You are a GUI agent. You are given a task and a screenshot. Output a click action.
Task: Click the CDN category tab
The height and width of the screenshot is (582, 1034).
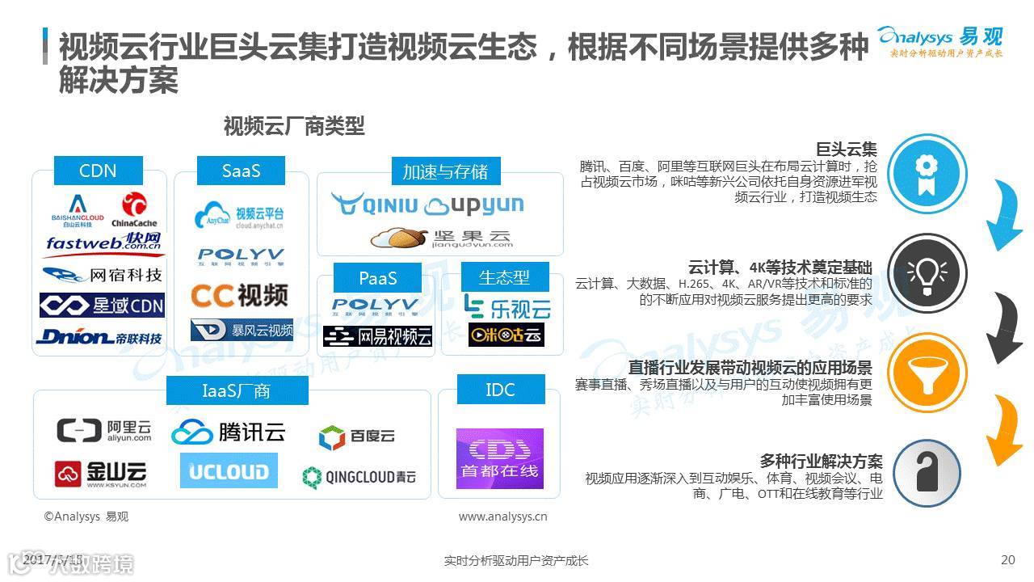(98, 171)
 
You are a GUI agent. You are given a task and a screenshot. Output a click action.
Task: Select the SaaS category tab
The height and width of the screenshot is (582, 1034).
(241, 171)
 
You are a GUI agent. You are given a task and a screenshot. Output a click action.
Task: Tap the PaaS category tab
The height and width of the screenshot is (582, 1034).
(378, 278)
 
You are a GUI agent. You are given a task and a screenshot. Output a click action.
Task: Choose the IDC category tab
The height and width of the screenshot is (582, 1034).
(500, 390)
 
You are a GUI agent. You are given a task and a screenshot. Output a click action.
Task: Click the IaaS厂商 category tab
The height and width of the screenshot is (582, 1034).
(236, 391)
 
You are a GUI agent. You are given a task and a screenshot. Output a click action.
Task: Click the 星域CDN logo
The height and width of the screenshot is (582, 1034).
(102, 306)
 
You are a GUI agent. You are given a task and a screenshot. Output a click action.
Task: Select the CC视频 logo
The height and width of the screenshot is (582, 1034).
(239, 295)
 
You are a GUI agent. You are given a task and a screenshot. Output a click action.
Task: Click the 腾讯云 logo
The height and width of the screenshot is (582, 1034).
(229, 432)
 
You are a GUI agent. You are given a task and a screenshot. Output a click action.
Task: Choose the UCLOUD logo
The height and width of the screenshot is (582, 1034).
(228, 470)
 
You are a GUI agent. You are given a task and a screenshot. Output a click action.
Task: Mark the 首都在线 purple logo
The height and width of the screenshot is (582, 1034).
(499, 458)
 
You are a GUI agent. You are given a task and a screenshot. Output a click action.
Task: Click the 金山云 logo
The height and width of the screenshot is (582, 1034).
(101, 474)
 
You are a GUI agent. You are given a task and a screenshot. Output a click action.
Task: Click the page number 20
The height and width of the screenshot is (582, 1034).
(1007, 559)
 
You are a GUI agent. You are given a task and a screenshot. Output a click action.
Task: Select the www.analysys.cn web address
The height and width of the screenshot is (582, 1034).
(502, 517)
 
